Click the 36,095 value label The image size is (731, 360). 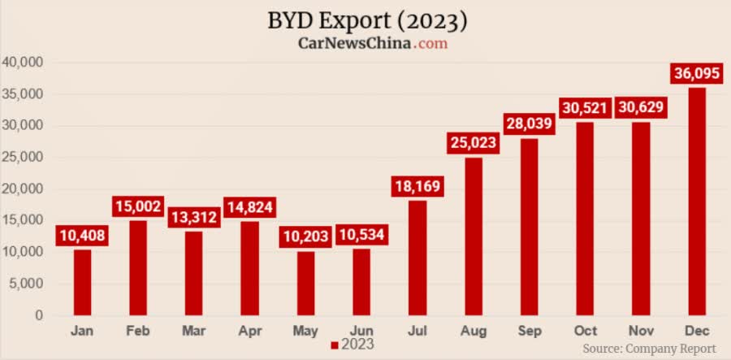696,73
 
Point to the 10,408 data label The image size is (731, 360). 82,236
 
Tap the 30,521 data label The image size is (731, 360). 585,109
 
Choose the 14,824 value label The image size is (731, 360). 250,207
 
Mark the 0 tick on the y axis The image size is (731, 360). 39,314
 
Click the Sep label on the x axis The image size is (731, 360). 529,331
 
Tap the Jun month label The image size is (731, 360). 361,331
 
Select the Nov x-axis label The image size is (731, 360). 640,331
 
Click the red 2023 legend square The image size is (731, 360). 334,345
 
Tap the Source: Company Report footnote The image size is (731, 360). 650,348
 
